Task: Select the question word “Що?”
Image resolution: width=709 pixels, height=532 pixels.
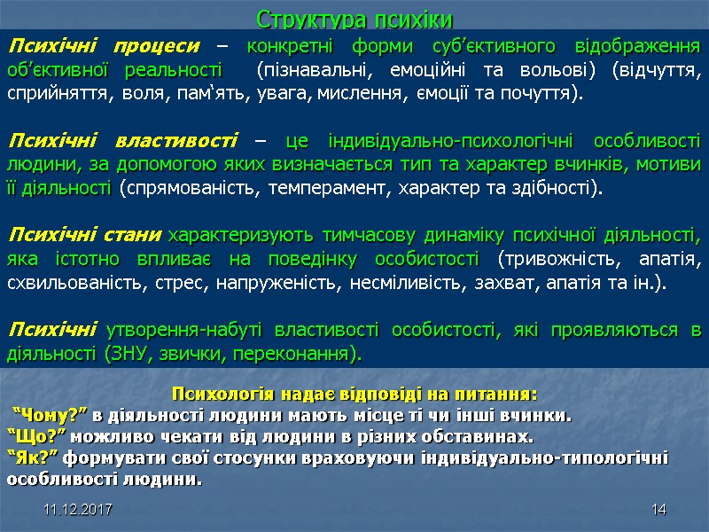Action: point(35,436)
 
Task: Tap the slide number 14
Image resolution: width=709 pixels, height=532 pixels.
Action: point(658,511)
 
